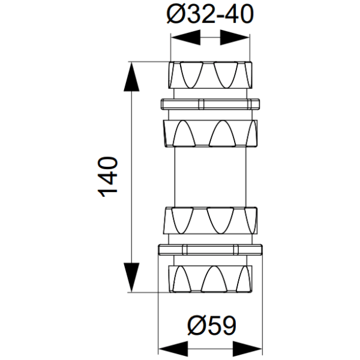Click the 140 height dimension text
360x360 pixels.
(108, 177)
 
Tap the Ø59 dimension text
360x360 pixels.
(210, 326)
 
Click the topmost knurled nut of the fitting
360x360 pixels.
(211, 74)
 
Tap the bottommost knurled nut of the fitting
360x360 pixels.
(211, 278)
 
